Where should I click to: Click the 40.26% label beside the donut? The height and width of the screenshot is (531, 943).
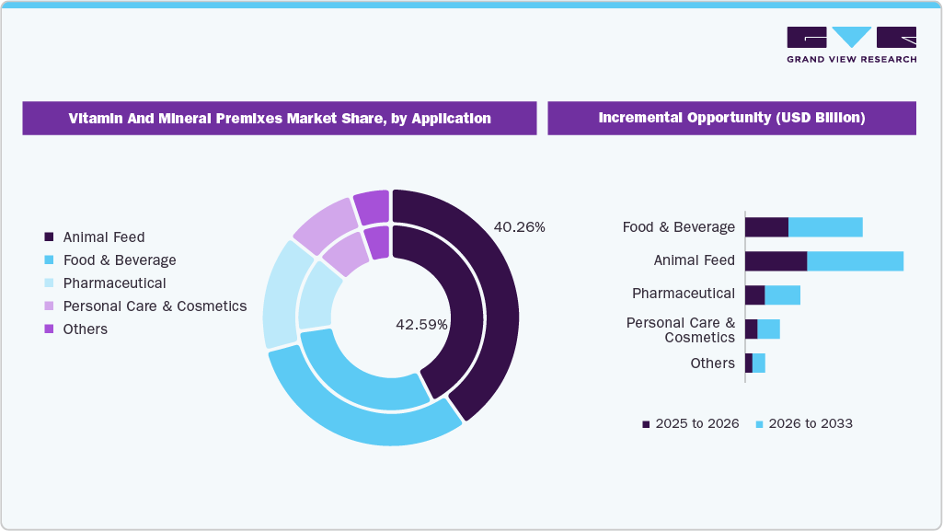pos(519,226)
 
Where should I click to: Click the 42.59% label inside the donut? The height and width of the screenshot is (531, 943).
pos(421,324)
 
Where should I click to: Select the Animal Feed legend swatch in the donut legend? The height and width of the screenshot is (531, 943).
pos(50,237)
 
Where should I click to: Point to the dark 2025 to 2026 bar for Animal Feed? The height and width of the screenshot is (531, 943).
pos(776,260)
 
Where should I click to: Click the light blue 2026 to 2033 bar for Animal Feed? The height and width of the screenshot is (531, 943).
pos(855,260)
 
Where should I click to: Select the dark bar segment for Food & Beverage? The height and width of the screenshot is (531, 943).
pos(766,226)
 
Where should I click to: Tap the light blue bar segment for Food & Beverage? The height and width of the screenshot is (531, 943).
pos(825,226)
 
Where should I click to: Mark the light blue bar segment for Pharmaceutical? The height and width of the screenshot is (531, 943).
pos(782,294)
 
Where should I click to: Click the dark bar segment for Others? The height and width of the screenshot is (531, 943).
pos(749,364)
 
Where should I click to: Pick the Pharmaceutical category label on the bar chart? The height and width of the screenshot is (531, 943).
pos(683,294)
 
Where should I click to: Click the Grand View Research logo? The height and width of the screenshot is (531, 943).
pos(851,44)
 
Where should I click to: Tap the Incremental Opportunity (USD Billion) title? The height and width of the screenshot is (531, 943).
pos(731,118)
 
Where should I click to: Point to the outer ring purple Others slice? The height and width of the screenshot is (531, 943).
pos(372,206)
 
